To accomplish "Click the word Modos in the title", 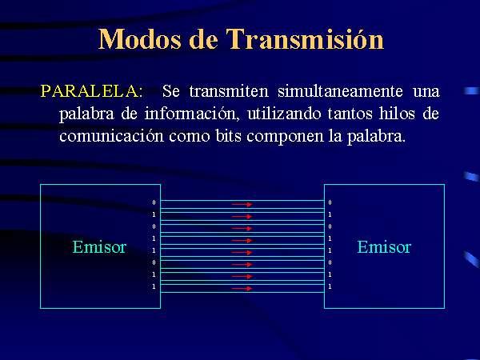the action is click(139, 39).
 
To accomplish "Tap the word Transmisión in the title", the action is click(305, 38).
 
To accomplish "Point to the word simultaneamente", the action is click(340, 91).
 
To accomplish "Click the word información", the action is click(190, 114).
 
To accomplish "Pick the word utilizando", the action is click(284, 114).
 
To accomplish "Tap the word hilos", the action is click(397, 114).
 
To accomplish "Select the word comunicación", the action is click(111, 136).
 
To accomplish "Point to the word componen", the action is click(285, 137).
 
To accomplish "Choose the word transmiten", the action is click(229, 91).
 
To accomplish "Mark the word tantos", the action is click(350, 114).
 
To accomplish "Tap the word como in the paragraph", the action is click(189, 137).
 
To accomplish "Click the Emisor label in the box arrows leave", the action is click(99, 247).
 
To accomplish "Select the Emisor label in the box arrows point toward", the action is click(384, 247).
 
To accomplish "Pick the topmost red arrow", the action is click(242, 204).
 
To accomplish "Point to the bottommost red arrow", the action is click(242, 288).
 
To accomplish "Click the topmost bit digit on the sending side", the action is click(154, 202).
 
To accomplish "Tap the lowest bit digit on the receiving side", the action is click(330, 286).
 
